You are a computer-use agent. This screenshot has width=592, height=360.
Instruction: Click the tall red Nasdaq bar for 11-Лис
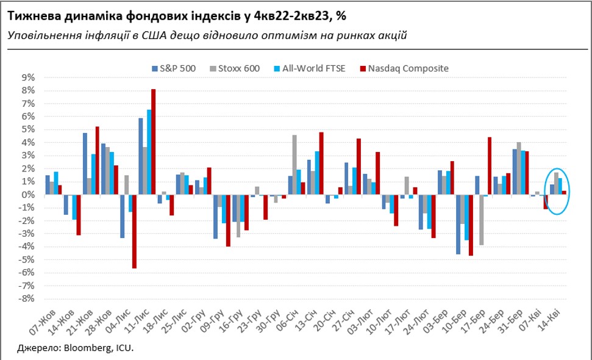click(x=154, y=142)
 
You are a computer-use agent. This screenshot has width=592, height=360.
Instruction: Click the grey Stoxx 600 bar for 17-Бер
click(x=482, y=220)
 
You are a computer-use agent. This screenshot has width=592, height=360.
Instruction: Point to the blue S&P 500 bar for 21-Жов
click(x=85, y=164)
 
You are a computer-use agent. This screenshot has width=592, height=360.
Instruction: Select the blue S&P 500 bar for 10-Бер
click(x=458, y=224)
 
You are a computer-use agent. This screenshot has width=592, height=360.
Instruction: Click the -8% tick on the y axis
click(x=27, y=298)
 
